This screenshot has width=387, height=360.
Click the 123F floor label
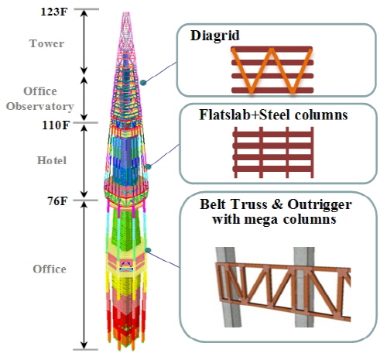(54, 12)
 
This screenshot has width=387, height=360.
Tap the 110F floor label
(56, 125)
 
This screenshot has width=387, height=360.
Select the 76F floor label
(57, 201)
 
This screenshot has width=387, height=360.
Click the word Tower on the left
(46, 43)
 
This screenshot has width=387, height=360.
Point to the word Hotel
(52, 160)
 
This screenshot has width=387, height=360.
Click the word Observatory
(40, 106)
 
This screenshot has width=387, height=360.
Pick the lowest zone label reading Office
(50, 269)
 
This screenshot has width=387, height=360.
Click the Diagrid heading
(215, 36)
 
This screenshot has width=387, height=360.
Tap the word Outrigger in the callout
(320, 204)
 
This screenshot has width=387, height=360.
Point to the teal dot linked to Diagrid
(143, 83)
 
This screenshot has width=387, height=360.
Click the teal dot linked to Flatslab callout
(148, 167)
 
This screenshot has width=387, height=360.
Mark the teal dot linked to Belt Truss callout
(148, 250)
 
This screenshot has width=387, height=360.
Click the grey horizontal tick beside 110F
(86, 122)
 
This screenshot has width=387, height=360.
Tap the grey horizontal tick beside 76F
(86, 200)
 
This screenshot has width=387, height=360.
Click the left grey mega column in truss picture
(229, 286)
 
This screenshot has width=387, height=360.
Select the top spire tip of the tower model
(126, 12)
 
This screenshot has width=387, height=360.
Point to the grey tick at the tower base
(86, 350)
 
